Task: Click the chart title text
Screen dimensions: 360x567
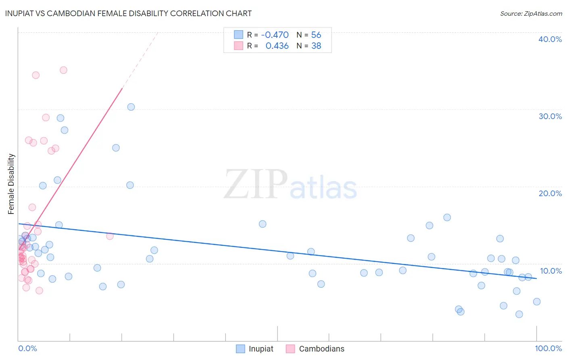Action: pos(128,13)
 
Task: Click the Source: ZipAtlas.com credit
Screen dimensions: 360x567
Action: pos(531,13)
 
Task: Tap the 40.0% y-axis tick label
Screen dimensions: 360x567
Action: pos(550,39)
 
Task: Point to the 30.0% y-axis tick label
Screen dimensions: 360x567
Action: pos(550,116)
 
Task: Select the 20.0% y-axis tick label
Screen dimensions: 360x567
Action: pos(550,193)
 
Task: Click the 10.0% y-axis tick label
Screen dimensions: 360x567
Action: pos(550,271)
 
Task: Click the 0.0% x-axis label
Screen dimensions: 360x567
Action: pos(27,348)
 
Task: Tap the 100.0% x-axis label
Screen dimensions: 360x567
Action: pos(548,348)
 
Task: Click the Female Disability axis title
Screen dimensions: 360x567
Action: pos(11,184)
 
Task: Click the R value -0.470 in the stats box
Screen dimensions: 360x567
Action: pos(275,35)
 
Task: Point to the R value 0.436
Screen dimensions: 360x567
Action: pos(277,46)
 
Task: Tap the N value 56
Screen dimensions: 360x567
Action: pos(316,35)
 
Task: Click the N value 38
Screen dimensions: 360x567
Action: pos(316,46)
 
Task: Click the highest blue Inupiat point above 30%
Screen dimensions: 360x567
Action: pos(131,107)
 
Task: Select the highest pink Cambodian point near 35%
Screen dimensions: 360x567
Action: pos(63,70)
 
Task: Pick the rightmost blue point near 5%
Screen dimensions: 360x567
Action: pos(537,301)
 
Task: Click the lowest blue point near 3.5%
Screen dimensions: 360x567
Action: pos(519,314)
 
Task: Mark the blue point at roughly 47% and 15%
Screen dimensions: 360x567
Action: pos(263,224)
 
